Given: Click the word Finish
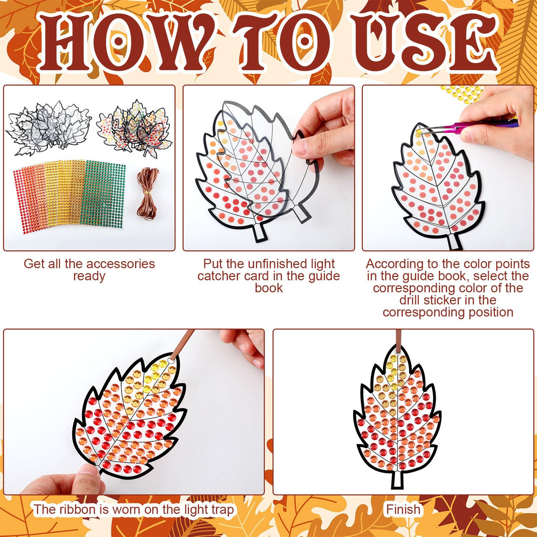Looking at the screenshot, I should pyautogui.click(x=403, y=510).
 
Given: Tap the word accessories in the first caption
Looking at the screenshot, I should pyautogui.click(x=118, y=264).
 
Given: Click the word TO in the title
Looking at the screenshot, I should pyautogui.click(x=283, y=42).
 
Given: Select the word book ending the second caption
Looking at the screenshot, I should pyautogui.click(x=268, y=288).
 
